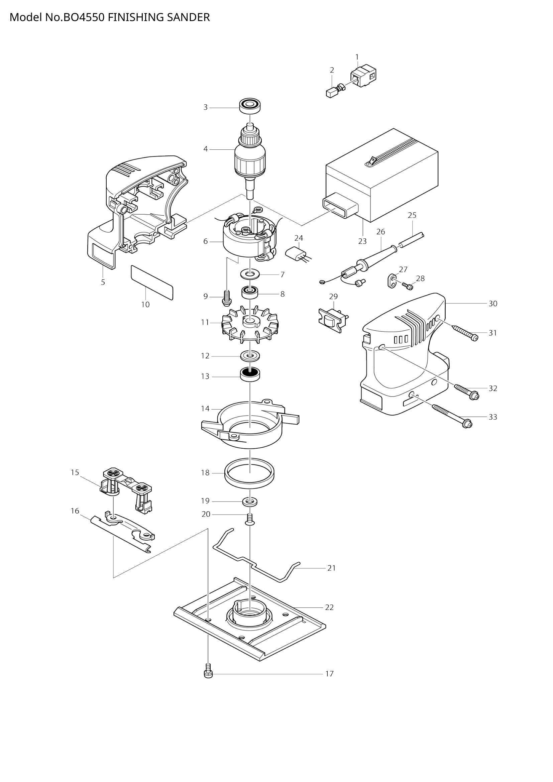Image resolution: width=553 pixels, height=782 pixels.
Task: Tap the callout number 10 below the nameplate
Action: [145, 305]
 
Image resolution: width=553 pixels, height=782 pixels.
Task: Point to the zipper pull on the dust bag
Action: [372, 160]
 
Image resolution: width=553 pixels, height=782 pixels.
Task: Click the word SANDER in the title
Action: [188, 17]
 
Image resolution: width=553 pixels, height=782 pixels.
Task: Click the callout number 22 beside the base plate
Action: [329, 607]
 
